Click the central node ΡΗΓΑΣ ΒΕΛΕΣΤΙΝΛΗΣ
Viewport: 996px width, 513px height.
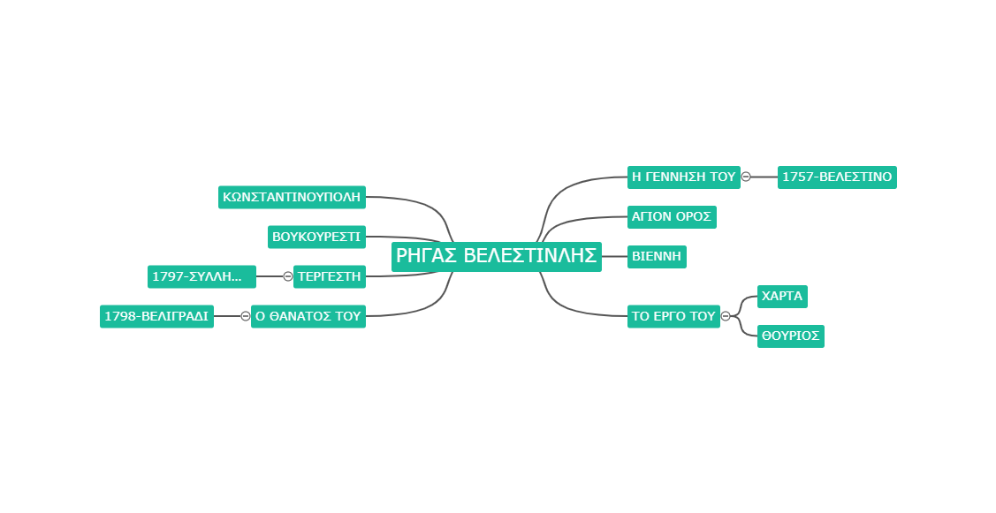(x=496, y=256)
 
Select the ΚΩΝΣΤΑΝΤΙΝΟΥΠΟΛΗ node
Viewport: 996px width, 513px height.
(x=293, y=198)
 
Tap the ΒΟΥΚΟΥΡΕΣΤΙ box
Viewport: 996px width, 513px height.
(x=316, y=237)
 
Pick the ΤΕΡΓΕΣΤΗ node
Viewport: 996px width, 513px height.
(x=329, y=277)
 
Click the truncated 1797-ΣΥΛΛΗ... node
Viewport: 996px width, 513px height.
(x=202, y=277)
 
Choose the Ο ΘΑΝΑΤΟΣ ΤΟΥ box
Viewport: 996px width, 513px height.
(x=308, y=316)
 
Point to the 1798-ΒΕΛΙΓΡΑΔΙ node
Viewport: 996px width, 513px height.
(x=157, y=316)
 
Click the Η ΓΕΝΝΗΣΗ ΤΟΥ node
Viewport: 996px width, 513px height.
(x=684, y=177)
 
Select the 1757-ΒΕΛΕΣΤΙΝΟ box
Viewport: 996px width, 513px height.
(x=837, y=177)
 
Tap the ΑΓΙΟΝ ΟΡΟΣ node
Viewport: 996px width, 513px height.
(x=672, y=217)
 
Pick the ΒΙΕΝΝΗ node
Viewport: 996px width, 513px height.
(x=657, y=256)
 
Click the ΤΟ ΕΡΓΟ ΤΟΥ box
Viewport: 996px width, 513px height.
(x=674, y=316)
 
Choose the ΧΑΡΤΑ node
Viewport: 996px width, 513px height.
(x=783, y=297)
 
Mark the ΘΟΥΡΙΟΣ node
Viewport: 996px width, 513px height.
(x=791, y=336)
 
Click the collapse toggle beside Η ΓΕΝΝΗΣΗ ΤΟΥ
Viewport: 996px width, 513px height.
(x=747, y=177)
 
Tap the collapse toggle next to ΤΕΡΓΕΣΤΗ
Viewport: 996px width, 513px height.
(x=288, y=277)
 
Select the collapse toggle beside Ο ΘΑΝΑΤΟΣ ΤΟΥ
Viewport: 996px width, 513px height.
(x=245, y=316)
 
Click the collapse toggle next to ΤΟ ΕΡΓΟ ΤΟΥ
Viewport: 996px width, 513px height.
(x=726, y=316)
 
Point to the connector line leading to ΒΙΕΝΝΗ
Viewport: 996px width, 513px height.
(x=614, y=256)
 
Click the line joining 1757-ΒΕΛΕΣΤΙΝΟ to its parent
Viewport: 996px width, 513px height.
(x=764, y=177)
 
